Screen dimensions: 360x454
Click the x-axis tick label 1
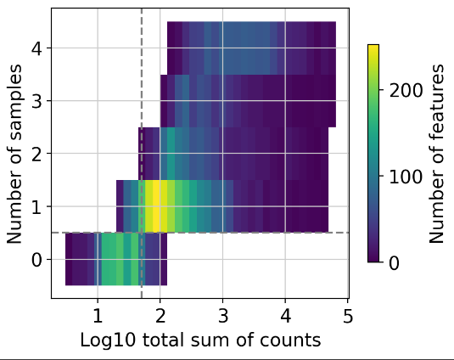tap(98, 316)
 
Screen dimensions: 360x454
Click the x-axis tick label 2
tap(160, 316)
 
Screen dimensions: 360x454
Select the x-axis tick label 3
tap(223, 316)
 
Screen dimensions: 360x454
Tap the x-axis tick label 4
tap(286, 316)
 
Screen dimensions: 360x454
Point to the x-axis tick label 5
tap(348, 316)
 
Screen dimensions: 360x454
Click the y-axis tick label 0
tap(36, 260)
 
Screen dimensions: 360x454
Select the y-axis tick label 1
tap(36, 206)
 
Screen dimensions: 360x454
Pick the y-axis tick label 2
tap(36, 154)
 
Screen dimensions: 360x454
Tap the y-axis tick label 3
tap(36, 101)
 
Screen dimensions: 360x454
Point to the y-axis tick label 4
tap(36, 48)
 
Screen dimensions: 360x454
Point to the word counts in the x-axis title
tap(294, 340)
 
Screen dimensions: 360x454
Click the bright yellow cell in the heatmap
tap(153, 206)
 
